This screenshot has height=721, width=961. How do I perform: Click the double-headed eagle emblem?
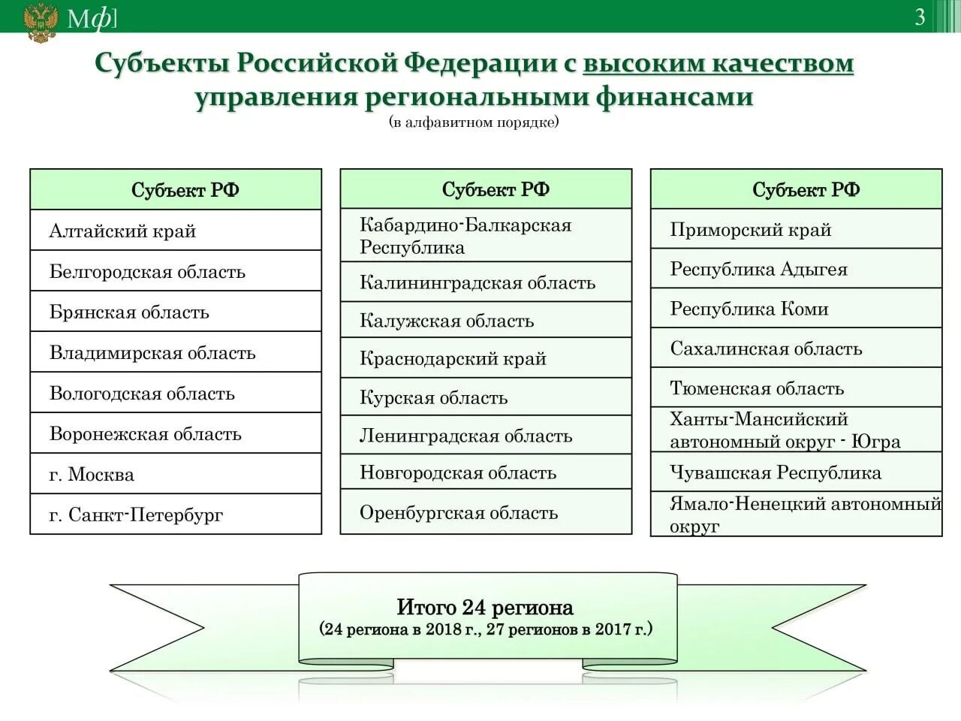[40, 22]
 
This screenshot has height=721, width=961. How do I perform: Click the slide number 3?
[920, 17]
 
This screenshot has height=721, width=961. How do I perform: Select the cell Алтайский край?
[176, 231]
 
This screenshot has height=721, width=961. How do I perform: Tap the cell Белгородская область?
[176, 271]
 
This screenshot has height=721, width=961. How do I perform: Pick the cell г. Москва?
[176, 474]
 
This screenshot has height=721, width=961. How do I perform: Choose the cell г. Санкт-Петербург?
[176, 514]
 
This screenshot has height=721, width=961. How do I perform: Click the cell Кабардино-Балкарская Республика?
[486, 236]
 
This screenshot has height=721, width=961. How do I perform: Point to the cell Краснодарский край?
[486, 358]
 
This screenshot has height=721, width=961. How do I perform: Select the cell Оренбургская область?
[486, 512]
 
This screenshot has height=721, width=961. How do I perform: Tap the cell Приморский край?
[796, 229]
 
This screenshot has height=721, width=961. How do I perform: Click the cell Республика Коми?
[796, 308]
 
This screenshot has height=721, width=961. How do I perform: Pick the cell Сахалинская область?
[796, 348]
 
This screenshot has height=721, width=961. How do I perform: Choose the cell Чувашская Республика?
[796, 472]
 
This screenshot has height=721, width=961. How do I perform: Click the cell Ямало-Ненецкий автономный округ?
[796, 514]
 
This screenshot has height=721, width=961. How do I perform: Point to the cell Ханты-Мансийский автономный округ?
[796, 430]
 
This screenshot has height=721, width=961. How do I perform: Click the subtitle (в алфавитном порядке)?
[474, 122]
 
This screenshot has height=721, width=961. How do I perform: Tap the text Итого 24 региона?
[485, 607]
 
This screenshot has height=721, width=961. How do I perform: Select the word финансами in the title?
[674, 97]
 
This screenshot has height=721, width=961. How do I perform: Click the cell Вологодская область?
[176, 393]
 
